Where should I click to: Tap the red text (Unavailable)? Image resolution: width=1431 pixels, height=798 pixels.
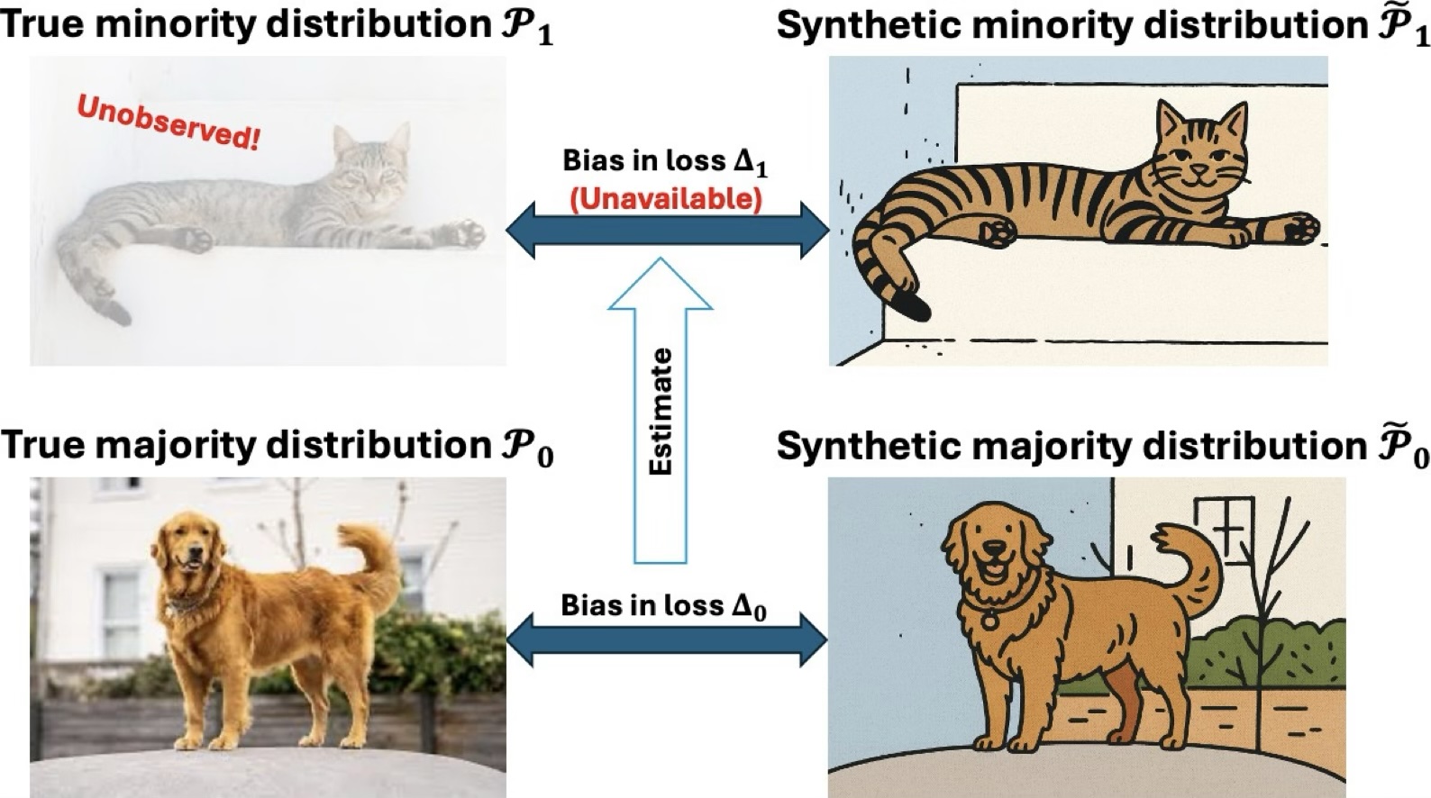pos(666,198)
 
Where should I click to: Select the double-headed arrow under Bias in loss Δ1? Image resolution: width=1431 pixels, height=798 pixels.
pos(667,231)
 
